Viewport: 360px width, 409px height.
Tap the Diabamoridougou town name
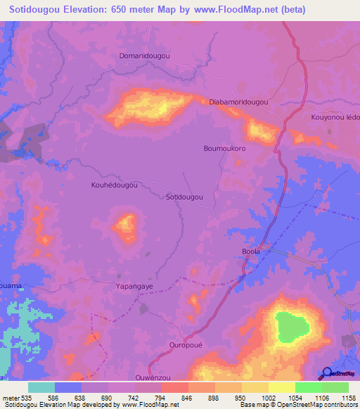(239, 102)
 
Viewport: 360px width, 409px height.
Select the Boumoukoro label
(224, 149)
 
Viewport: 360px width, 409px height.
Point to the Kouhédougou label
(114, 186)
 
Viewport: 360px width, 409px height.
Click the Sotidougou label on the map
(184, 197)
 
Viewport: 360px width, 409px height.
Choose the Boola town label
(251, 251)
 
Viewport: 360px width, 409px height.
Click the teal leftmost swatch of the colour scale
(41, 387)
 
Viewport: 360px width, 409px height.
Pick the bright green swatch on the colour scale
(309, 387)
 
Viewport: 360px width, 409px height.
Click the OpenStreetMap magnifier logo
(328, 373)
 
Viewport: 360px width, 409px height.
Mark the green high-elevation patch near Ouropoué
(291, 328)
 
